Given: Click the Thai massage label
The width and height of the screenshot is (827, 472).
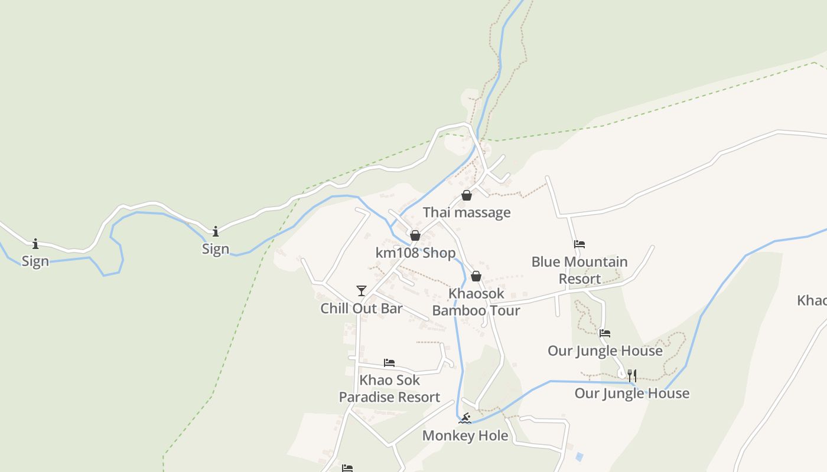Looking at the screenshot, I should pos(467,212).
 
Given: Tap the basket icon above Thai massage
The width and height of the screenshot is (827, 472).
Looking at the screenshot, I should pos(467,195).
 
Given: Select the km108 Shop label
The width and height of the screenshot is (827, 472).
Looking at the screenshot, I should pos(415,253).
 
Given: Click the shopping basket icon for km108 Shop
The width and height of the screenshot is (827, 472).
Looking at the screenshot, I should pos(415,236).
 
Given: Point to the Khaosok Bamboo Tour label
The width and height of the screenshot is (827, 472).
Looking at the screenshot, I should pos(476,302).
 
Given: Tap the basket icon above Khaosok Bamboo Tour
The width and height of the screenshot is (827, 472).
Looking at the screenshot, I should pos(476,276).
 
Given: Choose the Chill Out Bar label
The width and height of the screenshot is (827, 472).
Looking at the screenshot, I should pos(362,309).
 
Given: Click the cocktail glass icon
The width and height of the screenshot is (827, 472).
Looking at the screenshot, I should pos(362,290).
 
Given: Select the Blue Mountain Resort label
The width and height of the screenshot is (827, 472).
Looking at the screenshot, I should pos(579,270).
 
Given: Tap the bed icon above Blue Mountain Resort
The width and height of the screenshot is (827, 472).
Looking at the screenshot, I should pos(579,244).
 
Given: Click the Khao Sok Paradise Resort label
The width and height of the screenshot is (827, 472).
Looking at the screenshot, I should pos(389,389).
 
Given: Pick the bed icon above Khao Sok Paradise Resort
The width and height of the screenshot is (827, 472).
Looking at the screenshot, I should pos(389,363).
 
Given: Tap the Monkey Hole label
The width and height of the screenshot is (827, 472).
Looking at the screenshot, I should pos(465,436).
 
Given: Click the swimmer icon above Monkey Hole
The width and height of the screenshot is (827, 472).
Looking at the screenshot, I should pos(465,418).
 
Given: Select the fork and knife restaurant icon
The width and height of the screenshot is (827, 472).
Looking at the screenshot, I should pos(632,375).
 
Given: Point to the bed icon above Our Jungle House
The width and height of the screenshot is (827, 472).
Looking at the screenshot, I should pos(604,333).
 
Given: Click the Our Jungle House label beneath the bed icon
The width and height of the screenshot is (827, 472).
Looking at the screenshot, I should pos(605,351).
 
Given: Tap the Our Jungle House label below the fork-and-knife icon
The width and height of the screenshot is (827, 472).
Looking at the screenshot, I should pos(632,394).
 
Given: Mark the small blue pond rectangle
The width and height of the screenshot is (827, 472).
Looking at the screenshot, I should pos(579,457).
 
